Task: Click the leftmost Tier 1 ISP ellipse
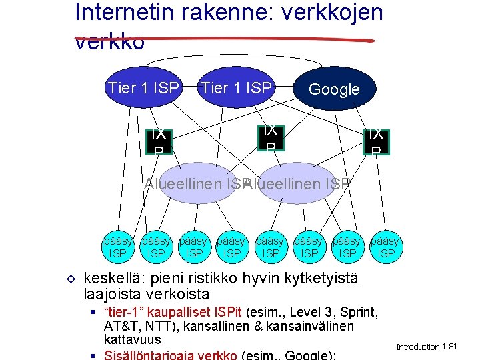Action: (143, 87)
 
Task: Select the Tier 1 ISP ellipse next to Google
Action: (236, 87)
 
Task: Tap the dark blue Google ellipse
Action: (335, 89)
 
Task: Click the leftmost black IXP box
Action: (158, 141)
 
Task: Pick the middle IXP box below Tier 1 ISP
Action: (270, 137)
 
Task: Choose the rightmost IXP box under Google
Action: (376, 141)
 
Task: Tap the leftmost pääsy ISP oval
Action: (118, 247)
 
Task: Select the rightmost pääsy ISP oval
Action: (385, 247)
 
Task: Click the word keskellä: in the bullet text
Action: (115, 278)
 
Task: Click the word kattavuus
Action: (132, 339)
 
